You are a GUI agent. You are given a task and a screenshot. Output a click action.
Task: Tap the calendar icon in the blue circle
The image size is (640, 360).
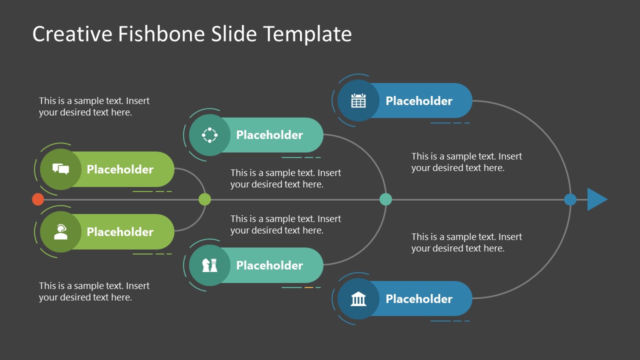tap(358, 100)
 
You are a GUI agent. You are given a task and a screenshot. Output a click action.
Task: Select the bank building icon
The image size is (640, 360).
tap(358, 299)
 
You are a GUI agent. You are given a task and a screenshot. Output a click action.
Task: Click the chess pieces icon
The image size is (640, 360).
tap(209, 265)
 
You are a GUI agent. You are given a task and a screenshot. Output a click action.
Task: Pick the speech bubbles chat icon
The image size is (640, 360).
tap(60, 169)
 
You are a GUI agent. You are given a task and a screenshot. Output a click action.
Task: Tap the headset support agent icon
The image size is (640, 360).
tap(60, 232)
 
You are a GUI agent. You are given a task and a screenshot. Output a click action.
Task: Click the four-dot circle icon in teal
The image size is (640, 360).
tap(209, 134)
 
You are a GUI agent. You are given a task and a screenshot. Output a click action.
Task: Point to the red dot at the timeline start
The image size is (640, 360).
tap(38, 199)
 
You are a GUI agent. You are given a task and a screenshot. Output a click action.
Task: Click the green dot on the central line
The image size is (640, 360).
tap(204, 199)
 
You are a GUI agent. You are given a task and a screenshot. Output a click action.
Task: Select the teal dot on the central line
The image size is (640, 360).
tap(385, 199)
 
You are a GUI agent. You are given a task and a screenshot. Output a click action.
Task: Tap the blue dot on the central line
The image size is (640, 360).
tap(570, 199)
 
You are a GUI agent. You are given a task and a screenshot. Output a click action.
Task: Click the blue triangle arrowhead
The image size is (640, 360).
tap(596, 199)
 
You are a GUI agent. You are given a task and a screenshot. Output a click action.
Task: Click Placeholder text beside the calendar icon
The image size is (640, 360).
tap(419, 100)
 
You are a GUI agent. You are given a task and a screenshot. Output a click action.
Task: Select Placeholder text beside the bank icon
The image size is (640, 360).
tap(419, 299)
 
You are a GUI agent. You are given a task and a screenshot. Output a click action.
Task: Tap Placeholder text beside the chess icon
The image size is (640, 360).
tap(269, 265)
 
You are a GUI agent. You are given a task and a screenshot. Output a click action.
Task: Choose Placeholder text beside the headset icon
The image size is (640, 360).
tap(120, 232)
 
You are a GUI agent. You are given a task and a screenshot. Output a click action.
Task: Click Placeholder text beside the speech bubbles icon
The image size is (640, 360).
tap(120, 169)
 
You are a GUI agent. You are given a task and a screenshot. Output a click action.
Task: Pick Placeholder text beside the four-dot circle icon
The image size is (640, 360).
tap(269, 134)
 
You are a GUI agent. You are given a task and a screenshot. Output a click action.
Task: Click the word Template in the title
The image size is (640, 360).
tap(307, 34)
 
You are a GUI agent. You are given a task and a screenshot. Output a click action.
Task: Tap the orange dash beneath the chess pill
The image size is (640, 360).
tap(309, 287)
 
